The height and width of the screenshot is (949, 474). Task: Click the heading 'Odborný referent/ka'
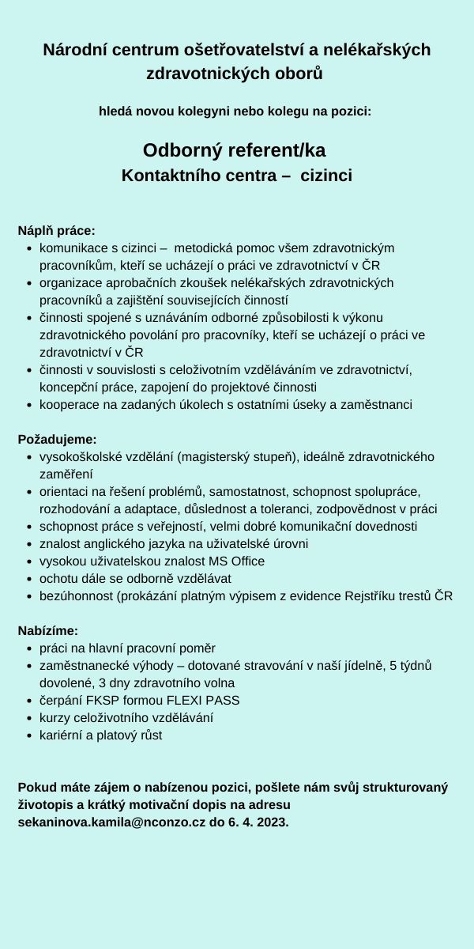click(x=234, y=150)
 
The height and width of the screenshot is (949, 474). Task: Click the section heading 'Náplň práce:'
click(x=56, y=231)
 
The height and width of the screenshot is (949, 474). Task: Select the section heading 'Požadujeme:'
click(x=57, y=439)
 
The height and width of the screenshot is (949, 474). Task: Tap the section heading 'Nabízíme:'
click(x=48, y=630)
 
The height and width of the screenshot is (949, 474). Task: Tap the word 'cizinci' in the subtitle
click(x=326, y=175)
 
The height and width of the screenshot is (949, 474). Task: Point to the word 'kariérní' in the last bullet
click(x=62, y=735)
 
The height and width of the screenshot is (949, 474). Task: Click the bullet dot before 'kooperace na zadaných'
click(x=29, y=405)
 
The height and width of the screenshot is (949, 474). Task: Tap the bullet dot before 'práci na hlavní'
click(x=29, y=648)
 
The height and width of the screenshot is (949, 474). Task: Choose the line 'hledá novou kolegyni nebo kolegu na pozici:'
click(x=235, y=112)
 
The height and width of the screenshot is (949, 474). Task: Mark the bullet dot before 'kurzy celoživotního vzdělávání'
click(x=29, y=718)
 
